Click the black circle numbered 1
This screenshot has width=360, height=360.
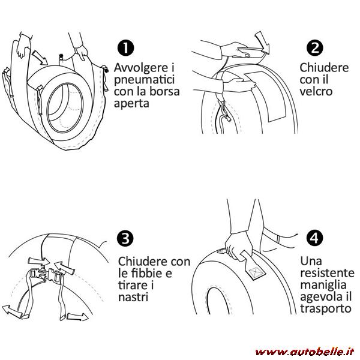pyautogui.click(x=125, y=47)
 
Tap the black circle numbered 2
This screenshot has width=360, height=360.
pyautogui.click(x=315, y=48)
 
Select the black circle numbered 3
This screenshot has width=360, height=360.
pyautogui.click(x=125, y=238)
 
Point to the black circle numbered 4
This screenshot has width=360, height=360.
pyautogui.click(x=314, y=238)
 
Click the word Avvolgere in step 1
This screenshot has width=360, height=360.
pyautogui.click(x=141, y=68)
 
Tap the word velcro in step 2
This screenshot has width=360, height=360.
pyautogui.click(x=316, y=91)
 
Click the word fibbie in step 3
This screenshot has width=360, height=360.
pyautogui.click(x=152, y=273)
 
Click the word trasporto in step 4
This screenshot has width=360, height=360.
pyautogui.click(x=326, y=309)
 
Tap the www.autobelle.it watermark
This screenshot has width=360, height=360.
pyautogui.click(x=305, y=352)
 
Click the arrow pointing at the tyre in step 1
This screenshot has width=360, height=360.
pyautogui.click(x=40, y=58)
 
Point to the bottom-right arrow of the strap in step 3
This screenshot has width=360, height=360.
pyautogui.click(x=77, y=317)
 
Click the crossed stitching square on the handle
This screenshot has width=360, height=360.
pyautogui.click(x=256, y=272)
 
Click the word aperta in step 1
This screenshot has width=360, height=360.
pyautogui.click(x=131, y=104)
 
